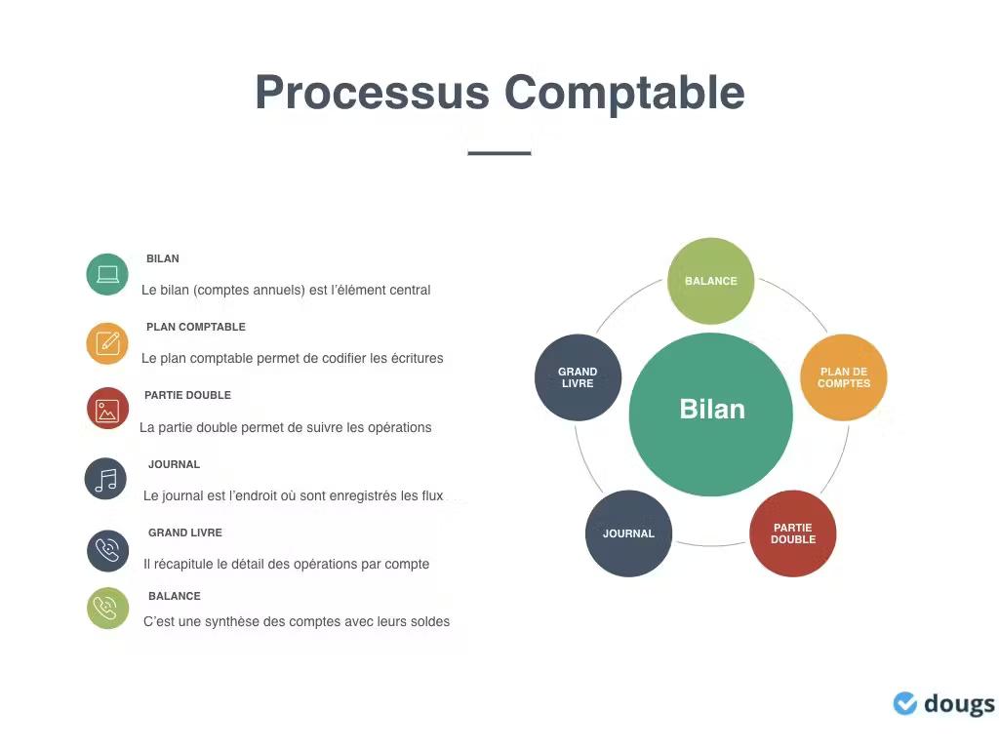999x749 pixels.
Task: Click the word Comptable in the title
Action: pos(624,94)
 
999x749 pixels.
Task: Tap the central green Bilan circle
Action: pos(711,414)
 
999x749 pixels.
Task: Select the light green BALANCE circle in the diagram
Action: pos(711,281)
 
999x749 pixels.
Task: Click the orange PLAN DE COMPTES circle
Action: pos(843,377)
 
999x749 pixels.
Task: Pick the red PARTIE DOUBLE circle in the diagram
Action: pos(792,533)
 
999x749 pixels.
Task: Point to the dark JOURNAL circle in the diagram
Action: pos(628,533)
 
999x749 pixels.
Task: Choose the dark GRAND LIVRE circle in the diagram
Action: pos(578,377)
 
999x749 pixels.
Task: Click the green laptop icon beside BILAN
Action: pos(107,274)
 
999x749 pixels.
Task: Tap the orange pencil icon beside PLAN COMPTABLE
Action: pos(107,343)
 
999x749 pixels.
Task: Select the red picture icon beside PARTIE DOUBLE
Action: pos(107,410)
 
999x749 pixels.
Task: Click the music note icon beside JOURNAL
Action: pos(105,479)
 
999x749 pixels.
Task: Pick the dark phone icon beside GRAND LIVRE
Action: pos(107,551)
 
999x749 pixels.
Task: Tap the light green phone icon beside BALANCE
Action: pos(107,609)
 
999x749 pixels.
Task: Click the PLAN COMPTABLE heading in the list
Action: pos(195,327)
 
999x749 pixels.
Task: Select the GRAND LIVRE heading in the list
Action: pos(185,532)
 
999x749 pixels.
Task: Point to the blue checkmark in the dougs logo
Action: pos(905,703)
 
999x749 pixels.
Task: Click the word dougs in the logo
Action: pos(959,704)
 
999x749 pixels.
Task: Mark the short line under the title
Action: pos(499,153)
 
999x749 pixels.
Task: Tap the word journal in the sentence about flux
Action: pos(183,495)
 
